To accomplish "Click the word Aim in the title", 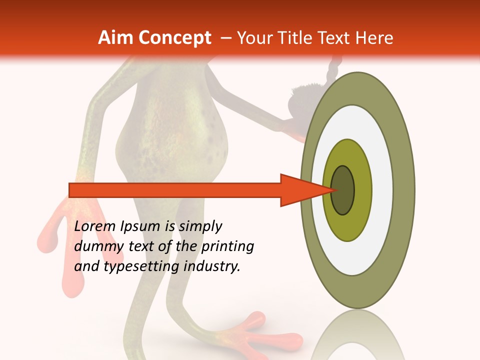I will point(116,38).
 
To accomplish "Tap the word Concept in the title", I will point(175,38).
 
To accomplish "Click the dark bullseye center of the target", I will point(343,190).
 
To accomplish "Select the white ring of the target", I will point(382,190).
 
